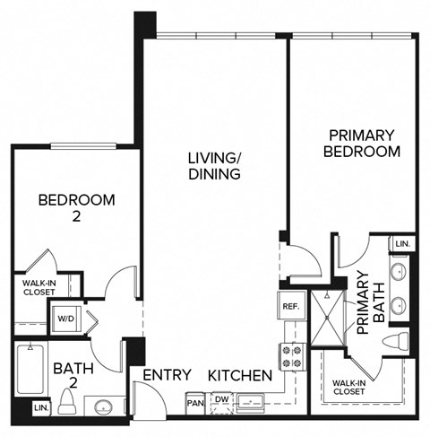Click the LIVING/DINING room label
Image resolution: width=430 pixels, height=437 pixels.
pyautogui.click(x=214, y=166)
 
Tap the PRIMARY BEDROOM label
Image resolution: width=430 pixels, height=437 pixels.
pyautogui.click(x=360, y=144)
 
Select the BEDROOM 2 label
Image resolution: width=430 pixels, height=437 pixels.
pyautogui.click(x=76, y=207)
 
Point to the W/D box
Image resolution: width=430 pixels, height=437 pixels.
pyautogui.click(x=65, y=317)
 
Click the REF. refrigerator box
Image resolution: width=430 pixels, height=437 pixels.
pyautogui.click(x=290, y=305)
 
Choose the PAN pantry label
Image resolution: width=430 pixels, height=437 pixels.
pyautogui.click(x=195, y=402)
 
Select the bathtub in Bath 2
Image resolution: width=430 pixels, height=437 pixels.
pyautogui.click(x=31, y=370)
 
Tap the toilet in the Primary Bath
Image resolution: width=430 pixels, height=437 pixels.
pyautogui.click(x=400, y=341)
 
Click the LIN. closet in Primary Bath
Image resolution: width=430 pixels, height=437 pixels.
pyautogui.click(x=402, y=244)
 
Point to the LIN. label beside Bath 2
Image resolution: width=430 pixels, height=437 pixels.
pyautogui.click(x=40, y=407)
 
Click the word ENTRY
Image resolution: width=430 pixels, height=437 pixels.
pyautogui.click(x=166, y=375)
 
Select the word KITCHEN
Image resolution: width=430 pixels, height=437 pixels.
pyautogui.click(x=241, y=375)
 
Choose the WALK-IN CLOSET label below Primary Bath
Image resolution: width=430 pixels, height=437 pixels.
pyautogui.click(x=348, y=387)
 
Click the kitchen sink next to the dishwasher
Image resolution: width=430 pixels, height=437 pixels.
pyautogui.click(x=254, y=403)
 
